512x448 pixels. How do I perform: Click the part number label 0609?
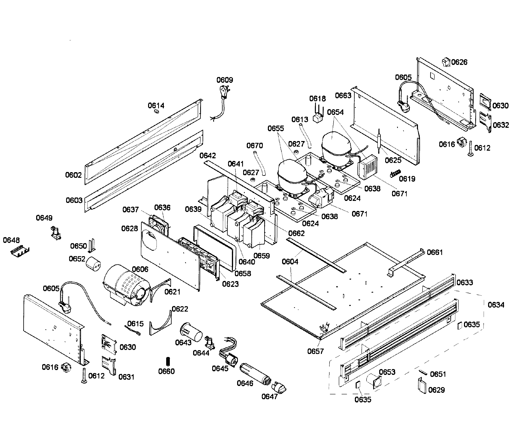tap(224, 80)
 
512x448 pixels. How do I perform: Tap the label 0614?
tap(156, 105)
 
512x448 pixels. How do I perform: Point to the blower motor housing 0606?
tap(126, 285)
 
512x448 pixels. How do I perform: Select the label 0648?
tap(11, 240)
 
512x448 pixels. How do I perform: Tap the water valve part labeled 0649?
tap(55, 234)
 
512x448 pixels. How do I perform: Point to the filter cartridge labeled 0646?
tap(255, 374)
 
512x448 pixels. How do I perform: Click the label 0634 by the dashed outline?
tap(496, 305)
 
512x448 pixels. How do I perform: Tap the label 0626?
tap(459, 62)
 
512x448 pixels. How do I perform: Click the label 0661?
tap(434, 252)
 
